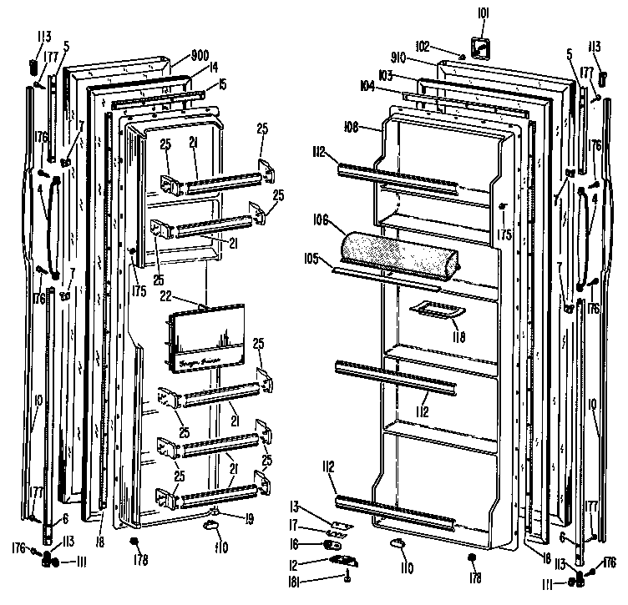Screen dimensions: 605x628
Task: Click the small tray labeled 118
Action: [x=436, y=310]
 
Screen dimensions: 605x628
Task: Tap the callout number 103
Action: [x=385, y=76]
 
